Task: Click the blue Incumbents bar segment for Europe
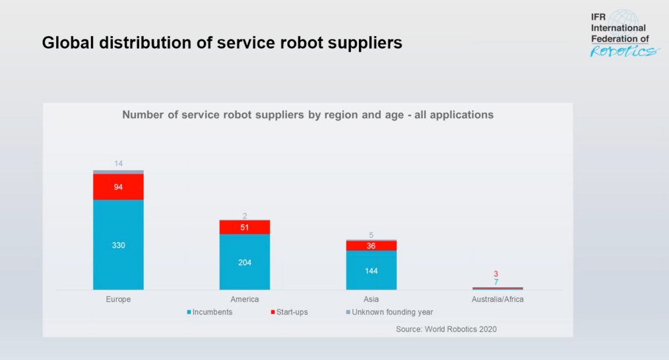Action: pos(118,245)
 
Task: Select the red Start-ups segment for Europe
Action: pos(118,187)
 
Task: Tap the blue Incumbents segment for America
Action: pos(245,262)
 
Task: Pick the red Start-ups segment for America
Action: pos(245,227)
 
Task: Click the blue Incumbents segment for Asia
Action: pos(371,270)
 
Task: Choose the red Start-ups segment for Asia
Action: pos(371,245)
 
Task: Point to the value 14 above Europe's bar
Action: pos(118,164)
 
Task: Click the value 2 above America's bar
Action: pos(245,216)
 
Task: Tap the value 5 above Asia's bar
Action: pos(371,235)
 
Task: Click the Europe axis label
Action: pos(118,299)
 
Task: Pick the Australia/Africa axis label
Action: pos(497,299)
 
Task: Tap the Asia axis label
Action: pos(371,299)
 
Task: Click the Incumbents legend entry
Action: pos(209,312)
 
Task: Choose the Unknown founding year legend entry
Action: pos(389,312)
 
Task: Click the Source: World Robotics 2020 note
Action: pos(446,328)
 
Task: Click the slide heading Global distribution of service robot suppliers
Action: pos(222,44)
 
